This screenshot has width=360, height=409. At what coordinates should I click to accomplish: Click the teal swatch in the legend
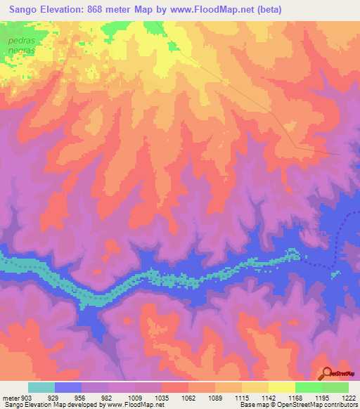pos(41,387)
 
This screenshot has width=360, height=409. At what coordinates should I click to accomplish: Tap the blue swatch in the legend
pos(68,387)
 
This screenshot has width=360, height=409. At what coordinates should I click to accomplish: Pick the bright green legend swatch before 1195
pos(308,387)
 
